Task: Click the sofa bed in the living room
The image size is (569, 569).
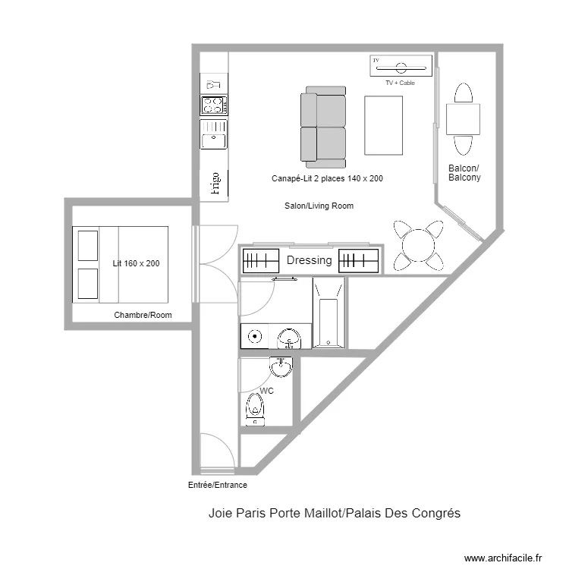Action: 323,127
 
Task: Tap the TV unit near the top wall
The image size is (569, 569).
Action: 403,66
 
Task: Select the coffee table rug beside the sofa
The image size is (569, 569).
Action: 383,125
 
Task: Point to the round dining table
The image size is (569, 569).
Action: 418,245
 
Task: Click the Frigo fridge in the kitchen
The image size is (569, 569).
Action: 214,183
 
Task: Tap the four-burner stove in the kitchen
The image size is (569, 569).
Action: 214,105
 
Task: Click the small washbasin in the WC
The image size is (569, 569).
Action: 281,367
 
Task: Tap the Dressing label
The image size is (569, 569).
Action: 310,260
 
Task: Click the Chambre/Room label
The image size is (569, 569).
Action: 143,315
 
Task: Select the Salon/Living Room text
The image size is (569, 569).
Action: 319,206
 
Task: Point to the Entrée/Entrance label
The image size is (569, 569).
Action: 217,485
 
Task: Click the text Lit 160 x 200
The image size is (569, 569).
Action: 136,263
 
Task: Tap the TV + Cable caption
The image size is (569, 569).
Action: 400,83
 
